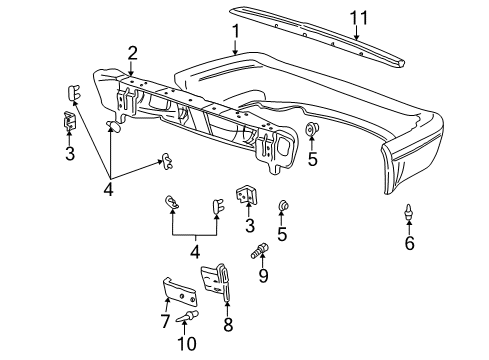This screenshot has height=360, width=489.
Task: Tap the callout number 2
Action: point(131,53)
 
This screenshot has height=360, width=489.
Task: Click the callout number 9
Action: point(264,274)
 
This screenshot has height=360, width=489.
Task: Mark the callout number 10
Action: point(183,344)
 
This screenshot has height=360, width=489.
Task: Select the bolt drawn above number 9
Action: point(264,250)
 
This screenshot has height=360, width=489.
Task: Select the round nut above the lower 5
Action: point(283,207)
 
